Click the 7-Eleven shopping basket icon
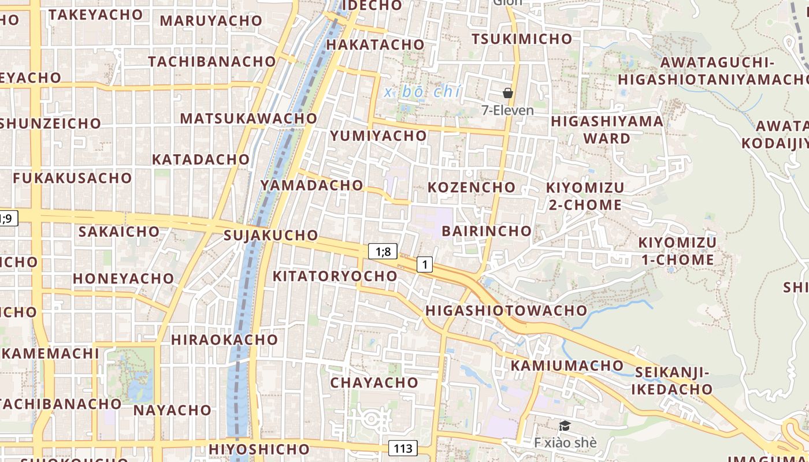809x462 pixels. pos(508,93)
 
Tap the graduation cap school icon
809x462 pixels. pos(565,426)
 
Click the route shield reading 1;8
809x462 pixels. pos(383,251)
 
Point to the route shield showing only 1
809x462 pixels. pos(425,264)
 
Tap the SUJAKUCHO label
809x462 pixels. pos(270,235)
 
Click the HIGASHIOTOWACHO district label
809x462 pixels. pos(506,311)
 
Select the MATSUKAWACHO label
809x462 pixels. pos(248,118)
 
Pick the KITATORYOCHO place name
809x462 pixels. pos(335,276)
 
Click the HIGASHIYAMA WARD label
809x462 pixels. pos(607,130)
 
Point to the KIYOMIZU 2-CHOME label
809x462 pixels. pos(585,196)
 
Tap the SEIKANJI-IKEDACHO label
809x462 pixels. pos(671,381)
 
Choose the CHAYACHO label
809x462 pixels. pos(374,382)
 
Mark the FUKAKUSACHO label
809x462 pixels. pos(72,178)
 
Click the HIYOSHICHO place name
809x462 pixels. pos(259,449)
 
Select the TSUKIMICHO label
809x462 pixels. pos(522,39)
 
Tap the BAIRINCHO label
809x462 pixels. pos(487,231)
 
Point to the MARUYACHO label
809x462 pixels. pos(211,21)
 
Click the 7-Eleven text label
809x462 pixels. pos(508,110)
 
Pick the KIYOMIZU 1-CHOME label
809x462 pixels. pos(677,251)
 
